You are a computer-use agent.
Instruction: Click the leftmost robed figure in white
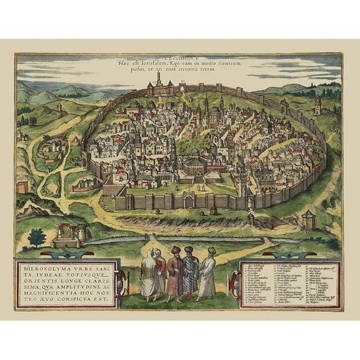pyautogui.click(x=149, y=273)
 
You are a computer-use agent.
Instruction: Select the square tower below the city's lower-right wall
pyautogui.click(x=307, y=219)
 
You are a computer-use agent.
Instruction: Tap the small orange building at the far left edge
pyautogui.click(x=22, y=186)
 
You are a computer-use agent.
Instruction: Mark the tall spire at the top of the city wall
pyautogui.click(x=159, y=78)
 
